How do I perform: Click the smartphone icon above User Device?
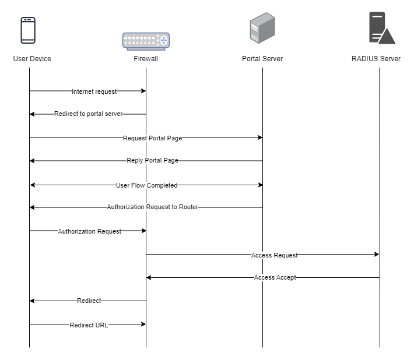(x=28, y=30)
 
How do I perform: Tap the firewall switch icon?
(x=146, y=41)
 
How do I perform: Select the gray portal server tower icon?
(x=262, y=28)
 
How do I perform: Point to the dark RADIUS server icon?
(x=382, y=28)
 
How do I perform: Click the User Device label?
(x=32, y=59)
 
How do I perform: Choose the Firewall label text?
(x=146, y=59)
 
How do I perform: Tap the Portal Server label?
(x=262, y=59)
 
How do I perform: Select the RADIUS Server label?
(x=376, y=59)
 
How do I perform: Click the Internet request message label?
(x=94, y=91)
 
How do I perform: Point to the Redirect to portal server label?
(x=89, y=114)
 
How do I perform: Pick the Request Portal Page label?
(x=152, y=138)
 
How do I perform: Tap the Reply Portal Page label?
(x=152, y=160)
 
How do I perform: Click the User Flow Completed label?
(x=146, y=185)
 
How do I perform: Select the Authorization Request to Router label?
(x=152, y=207)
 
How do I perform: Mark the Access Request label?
(x=274, y=255)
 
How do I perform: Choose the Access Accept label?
(x=275, y=277)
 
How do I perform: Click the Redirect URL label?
(x=89, y=325)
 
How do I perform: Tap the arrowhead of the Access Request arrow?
(x=377, y=254)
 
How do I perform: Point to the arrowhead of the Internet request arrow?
(x=143, y=91)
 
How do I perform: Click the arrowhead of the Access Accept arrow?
(x=149, y=277)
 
